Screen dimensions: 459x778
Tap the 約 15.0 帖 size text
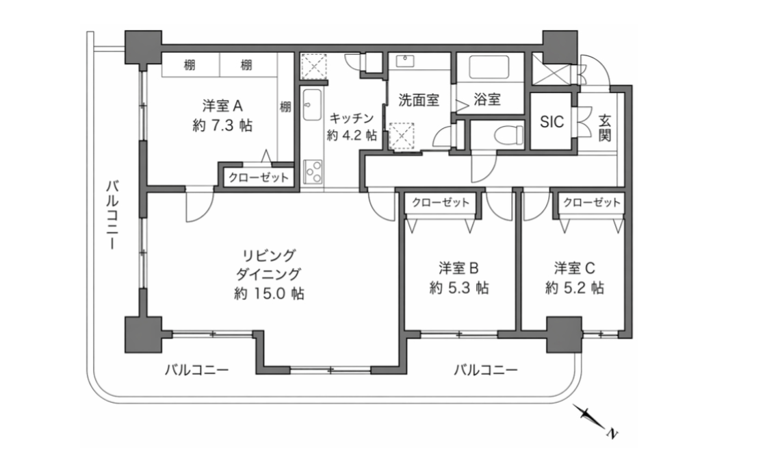268,294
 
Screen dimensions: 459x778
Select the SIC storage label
552,122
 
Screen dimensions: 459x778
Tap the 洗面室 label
419,100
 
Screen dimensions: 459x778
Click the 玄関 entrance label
605,127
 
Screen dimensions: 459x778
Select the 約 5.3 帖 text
459,288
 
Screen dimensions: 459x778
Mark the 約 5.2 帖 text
575,288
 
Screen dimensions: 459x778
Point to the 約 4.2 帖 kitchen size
351,135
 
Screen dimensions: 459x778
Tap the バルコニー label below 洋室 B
485,371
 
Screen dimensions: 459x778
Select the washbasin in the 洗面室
405,60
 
